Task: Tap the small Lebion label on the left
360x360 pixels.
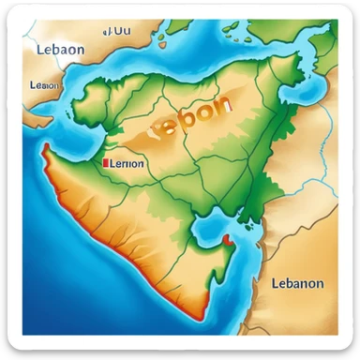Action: pyautogui.click(x=45, y=84)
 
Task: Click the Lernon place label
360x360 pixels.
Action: pyautogui.click(x=126, y=163)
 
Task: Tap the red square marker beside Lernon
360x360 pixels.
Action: pyautogui.click(x=104, y=162)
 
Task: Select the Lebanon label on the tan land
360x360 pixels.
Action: pyautogui.click(x=297, y=283)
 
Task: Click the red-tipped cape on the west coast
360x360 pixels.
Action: pyautogui.click(x=44, y=149)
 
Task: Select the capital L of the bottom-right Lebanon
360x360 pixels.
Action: pyautogui.click(x=275, y=283)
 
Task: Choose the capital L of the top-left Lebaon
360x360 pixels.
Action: pyautogui.click(x=41, y=50)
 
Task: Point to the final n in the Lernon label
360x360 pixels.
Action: pyautogui.click(x=141, y=163)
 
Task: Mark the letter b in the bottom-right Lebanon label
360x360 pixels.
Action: pyautogui.click(x=292, y=283)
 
